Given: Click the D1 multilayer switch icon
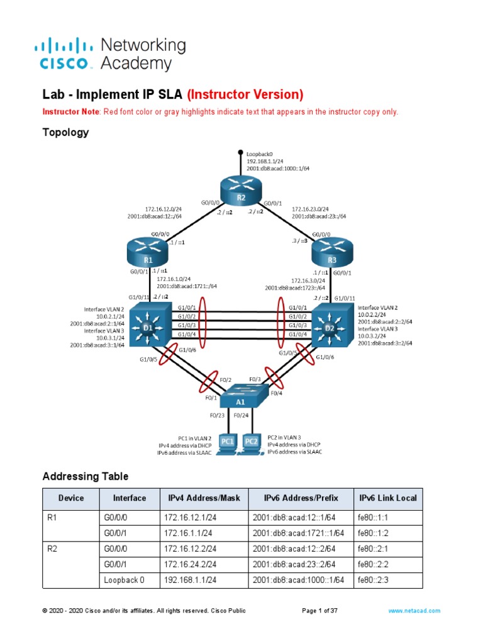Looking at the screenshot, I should pos(150,325).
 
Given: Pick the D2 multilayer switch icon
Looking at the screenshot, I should pos(331,325).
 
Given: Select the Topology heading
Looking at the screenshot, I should pos(65,133).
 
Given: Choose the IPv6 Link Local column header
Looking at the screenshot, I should pos(387,498).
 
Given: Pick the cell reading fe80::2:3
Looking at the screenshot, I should pos(374,580).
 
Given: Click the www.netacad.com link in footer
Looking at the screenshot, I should pos(414,611).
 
